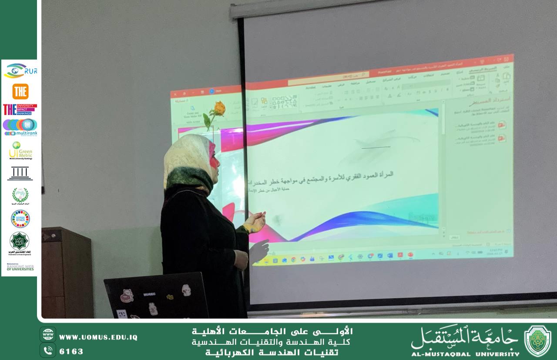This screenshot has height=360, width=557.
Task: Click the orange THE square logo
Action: (x=20, y=91)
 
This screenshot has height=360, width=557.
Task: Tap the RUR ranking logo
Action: (x=20, y=70)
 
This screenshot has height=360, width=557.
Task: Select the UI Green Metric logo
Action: (x=20, y=150)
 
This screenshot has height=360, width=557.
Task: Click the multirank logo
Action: (x=20, y=127)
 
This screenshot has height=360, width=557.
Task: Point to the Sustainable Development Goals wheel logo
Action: (x=20, y=218)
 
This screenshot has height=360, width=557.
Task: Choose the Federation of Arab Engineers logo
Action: (x=20, y=243)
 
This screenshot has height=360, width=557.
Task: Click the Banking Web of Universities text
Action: (x=20, y=267)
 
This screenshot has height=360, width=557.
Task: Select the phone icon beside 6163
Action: (x=48, y=350)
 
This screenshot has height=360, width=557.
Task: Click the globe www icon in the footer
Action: (x=48, y=334)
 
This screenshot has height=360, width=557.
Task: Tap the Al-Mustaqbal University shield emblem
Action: (x=537, y=341)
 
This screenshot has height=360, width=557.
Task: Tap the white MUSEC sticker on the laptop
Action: (x=149, y=294)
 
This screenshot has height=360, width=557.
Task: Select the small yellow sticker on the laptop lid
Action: (x=170, y=297)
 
